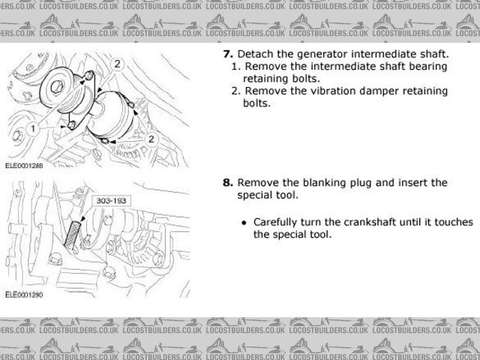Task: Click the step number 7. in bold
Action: [x=228, y=54]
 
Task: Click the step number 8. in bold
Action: [x=228, y=182]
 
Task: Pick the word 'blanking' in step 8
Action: [x=331, y=182]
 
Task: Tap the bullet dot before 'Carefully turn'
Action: [x=244, y=223]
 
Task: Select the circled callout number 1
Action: [x=33, y=129]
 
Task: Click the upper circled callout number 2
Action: [x=117, y=65]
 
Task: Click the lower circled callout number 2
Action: [x=151, y=139]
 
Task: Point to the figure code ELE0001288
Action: [x=25, y=167]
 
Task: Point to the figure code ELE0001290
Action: [x=25, y=296]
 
